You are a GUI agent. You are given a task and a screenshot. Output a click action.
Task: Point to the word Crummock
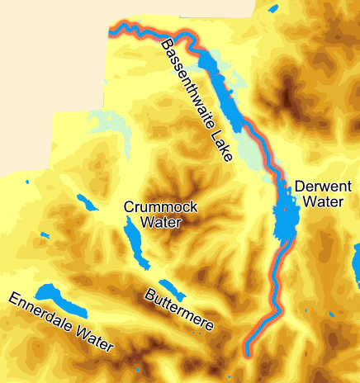coord(160,207)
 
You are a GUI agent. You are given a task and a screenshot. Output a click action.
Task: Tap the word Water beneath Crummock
coord(160,222)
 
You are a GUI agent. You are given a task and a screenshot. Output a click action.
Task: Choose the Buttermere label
coord(179,310)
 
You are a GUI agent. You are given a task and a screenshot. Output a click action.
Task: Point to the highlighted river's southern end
coord(248,353)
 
